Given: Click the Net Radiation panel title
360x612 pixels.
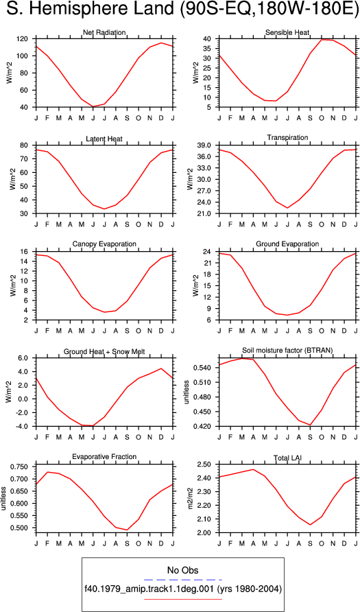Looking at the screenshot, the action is coord(104,32).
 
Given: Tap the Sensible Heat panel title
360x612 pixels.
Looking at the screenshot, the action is coord(287,32).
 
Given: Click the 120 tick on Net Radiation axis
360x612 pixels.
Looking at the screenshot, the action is coord(28,38).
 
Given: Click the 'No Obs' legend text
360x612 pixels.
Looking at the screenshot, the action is coord(182,570).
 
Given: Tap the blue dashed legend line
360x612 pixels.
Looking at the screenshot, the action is coord(182,580).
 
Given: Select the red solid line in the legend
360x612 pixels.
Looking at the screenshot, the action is coord(182,599).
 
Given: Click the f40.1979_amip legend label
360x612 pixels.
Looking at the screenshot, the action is coord(182,589).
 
